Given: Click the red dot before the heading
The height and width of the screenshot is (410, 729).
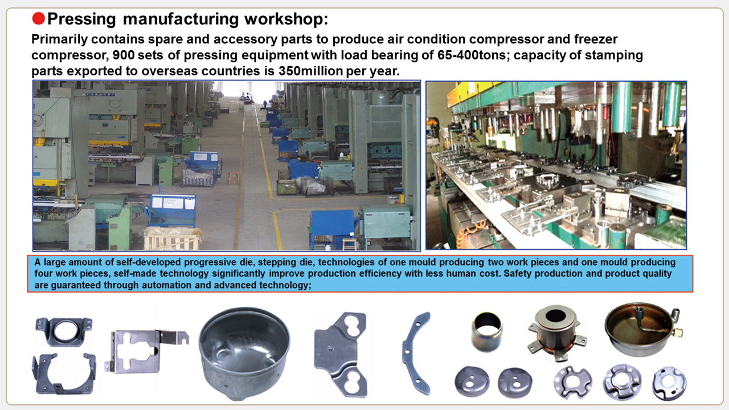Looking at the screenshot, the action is click(38, 19).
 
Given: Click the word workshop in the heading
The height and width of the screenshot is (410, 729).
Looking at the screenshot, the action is click(286, 19).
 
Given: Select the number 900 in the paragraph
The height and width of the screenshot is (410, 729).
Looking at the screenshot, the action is click(124, 55).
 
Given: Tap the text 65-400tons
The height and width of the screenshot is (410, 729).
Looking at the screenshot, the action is click(472, 55).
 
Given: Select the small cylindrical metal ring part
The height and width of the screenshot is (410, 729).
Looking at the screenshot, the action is click(487, 332).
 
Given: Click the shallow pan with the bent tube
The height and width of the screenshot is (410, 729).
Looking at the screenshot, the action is click(643, 330).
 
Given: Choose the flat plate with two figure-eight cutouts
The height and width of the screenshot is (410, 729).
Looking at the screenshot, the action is click(341, 355).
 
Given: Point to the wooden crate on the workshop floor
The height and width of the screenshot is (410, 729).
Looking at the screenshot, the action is click(172, 238).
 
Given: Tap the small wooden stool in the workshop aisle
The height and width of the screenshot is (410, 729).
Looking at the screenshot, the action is click(233, 178).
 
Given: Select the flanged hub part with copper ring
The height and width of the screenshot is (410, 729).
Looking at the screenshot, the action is click(557, 332).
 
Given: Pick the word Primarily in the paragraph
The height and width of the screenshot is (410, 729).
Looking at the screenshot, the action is click(60, 39).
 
